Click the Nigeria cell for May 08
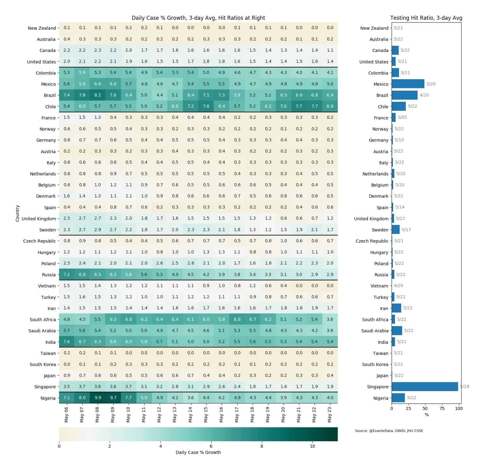98,398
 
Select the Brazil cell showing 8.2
98,95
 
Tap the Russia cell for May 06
67,274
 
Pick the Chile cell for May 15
206,106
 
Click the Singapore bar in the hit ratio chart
425,386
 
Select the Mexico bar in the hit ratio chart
408,84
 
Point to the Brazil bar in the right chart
405,95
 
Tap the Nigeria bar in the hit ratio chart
398,398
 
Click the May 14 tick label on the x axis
190,415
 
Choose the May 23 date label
330,415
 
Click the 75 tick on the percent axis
442,408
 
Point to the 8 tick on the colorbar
262,446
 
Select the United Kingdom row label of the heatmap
39,219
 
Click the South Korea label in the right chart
375,364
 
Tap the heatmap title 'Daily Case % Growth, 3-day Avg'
198,18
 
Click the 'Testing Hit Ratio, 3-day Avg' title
426,18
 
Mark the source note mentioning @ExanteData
389,431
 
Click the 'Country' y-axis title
18,213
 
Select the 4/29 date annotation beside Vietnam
398,286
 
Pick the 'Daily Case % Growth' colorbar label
198,452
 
